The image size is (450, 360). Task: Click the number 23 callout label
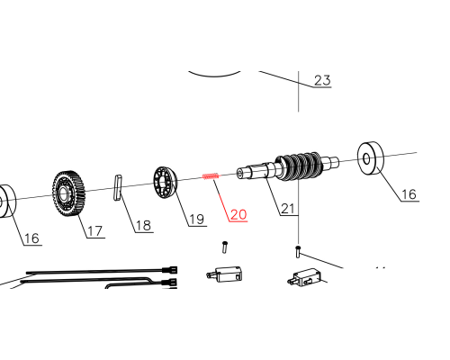tap(322, 80)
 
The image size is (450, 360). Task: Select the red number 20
tap(238, 214)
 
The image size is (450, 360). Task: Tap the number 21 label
tap(288, 209)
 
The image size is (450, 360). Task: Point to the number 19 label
tap(197, 220)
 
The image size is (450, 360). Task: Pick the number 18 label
tap(143, 226)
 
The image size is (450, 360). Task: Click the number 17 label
tap(95, 231)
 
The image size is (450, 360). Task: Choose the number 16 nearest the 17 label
tap(31, 238)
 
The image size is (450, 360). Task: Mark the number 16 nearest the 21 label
tap(409, 194)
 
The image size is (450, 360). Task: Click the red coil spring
tap(211, 176)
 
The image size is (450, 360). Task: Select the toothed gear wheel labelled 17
tap(68, 193)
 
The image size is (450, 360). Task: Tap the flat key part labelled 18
tap(118, 188)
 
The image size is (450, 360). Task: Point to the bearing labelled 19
tap(166, 183)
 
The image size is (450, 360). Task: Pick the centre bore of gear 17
tap(63, 193)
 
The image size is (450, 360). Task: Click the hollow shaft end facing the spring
tap(240, 173)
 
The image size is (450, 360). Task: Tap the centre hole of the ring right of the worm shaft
tap(366, 158)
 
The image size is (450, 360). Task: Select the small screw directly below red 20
tap(225, 247)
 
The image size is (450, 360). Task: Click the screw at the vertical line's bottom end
tap(298, 252)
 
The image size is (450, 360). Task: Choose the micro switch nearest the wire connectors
tap(224, 274)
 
